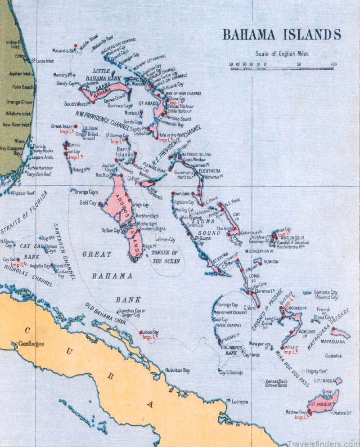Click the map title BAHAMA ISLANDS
click(x=282, y=35)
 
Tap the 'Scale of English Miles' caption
click(x=282, y=54)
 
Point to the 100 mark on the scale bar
click(x=333, y=64)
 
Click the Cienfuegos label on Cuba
click(x=31, y=344)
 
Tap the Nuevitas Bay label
click(x=178, y=371)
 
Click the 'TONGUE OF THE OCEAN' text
click(x=166, y=257)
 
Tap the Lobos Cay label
click(x=150, y=332)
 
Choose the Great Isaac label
click(x=62, y=127)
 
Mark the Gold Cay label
click(x=88, y=203)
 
